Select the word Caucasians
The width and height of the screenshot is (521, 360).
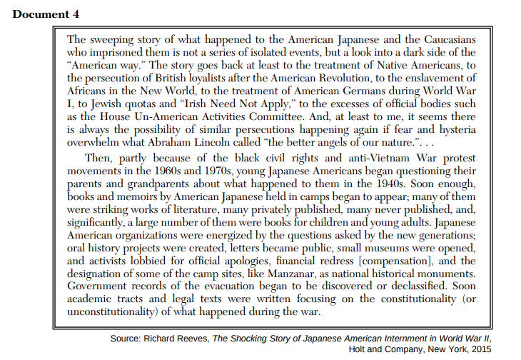point(447,40)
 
